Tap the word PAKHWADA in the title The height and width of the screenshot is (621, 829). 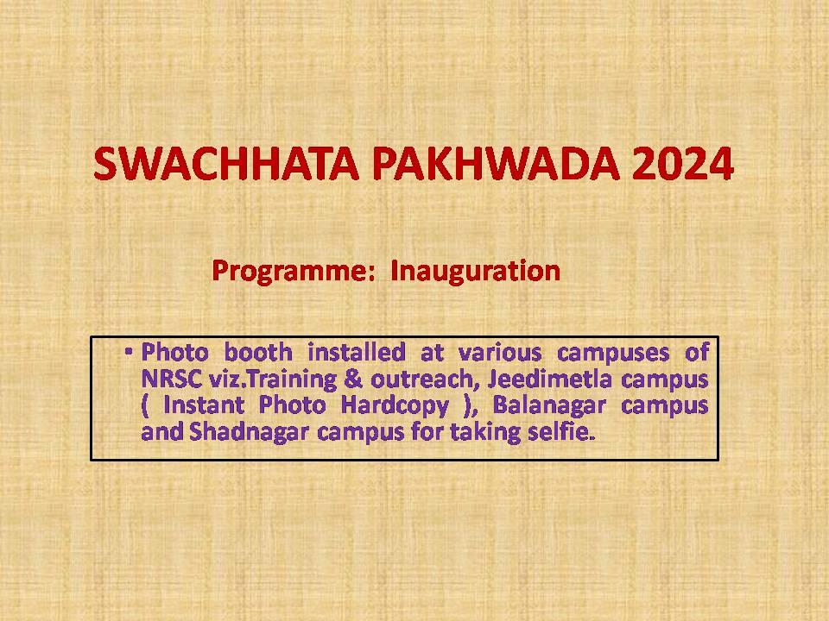tap(496, 164)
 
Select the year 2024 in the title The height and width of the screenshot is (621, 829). tap(682, 164)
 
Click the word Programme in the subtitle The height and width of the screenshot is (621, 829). tap(289, 272)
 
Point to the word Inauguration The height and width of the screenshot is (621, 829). tap(475, 271)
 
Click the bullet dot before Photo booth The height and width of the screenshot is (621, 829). tap(129, 351)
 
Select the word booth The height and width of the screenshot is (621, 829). tap(258, 352)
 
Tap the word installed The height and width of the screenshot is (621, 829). tap(357, 352)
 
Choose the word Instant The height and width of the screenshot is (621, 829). tap(204, 405)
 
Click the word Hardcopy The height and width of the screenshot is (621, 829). tap(395, 406)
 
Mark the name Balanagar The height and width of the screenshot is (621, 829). tap(549, 406)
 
